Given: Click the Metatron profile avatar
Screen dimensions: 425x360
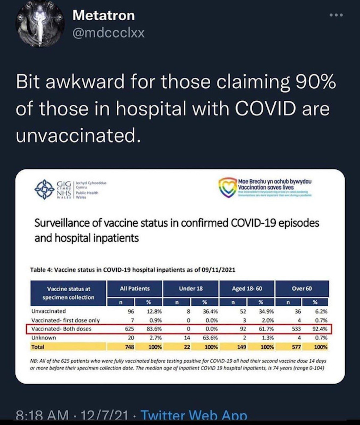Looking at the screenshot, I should click(40, 24).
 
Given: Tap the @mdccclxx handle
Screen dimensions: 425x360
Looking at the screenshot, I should click(108, 33).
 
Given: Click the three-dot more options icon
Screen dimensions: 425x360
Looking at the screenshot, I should click(336, 15).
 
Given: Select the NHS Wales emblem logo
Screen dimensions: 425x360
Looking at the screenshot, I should click(45, 189).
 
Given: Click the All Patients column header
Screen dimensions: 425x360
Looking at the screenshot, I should click(134, 289).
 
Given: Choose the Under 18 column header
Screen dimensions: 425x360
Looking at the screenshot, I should click(191, 289).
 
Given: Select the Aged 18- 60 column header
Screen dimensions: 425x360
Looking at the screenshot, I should click(247, 289).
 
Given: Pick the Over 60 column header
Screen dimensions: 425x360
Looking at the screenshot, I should click(302, 289).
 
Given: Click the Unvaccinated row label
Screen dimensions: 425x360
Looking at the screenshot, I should click(49, 311).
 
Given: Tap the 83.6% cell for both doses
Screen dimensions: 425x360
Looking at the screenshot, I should click(154, 329).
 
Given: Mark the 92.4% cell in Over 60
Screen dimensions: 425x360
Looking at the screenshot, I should click(320, 329).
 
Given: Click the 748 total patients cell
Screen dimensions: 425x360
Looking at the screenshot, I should click(130, 347).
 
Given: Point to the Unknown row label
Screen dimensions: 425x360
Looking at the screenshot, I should click(44, 338).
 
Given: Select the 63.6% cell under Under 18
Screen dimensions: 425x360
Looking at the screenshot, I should click(210, 338).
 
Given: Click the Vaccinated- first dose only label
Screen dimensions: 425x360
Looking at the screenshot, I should click(65, 320).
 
